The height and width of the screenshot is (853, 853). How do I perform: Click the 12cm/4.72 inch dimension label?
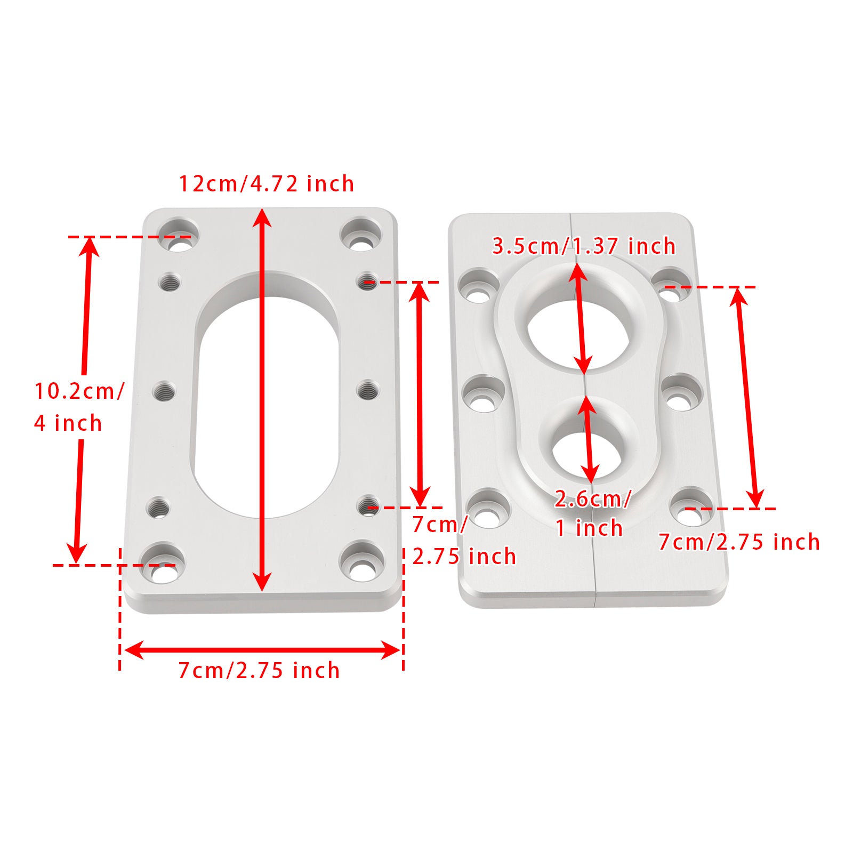(x=266, y=184)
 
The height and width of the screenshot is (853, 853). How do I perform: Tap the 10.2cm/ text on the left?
(x=79, y=391)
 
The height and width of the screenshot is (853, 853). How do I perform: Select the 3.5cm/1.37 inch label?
(x=583, y=246)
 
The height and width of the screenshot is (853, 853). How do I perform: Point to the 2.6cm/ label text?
(x=592, y=499)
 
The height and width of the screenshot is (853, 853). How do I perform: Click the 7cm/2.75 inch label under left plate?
(x=259, y=670)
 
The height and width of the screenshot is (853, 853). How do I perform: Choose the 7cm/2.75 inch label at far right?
(x=739, y=542)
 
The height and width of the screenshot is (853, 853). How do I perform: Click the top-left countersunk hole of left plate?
(x=179, y=235)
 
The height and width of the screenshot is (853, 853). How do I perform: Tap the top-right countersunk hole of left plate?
(x=361, y=235)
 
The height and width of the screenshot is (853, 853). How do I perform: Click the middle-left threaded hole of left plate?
(x=164, y=392)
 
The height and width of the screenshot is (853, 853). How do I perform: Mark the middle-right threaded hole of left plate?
(x=367, y=391)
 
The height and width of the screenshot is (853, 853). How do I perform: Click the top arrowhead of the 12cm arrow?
(x=262, y=215)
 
